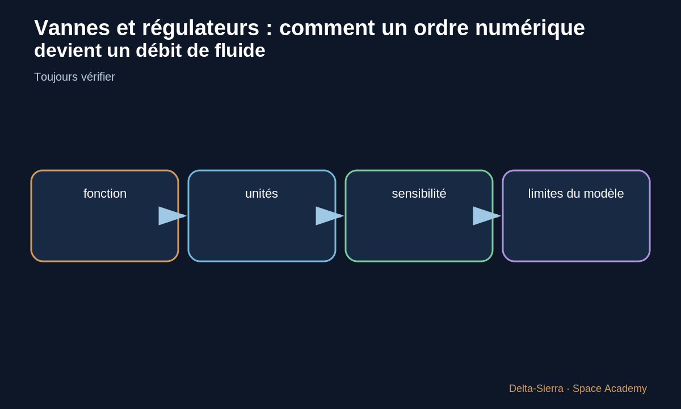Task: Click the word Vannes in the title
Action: pos(72,28)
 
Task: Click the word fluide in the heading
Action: pos(240,50)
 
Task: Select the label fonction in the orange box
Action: pos(105,194)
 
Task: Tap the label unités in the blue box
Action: pos(262,194)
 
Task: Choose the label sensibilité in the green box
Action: pos(419,194)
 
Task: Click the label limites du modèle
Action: pos(576,194)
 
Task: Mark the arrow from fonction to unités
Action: pos(173,216)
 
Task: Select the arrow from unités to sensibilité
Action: pos(330,216)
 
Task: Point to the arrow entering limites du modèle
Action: pos(487,216)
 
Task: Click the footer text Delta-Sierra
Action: pos(536,389)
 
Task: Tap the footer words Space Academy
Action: pos(609,389)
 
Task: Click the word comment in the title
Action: pos(327,28)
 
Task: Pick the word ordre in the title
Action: pos(441,28)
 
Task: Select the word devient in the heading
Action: pos(68,50)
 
